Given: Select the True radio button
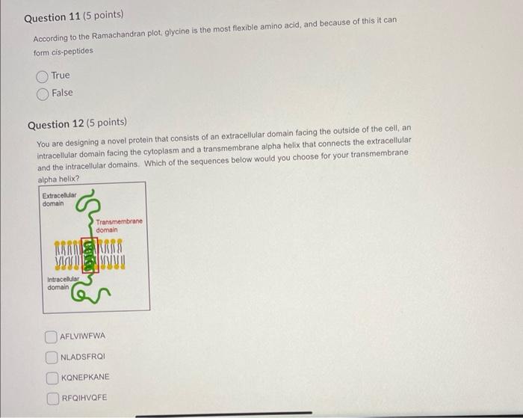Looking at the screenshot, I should [43, 76].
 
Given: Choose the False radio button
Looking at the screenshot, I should [43, 93].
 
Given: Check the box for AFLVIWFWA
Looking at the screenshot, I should [52, 336].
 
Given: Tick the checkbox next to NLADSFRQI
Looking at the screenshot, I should [52, 357].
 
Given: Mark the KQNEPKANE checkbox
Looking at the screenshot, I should [52, 377].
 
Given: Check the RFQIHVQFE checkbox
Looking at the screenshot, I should [52, 398].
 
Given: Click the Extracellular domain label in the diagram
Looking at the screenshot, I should [59, 199].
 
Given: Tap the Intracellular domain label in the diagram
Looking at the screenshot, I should [64, 283].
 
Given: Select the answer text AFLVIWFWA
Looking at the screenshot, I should [84, 336].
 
